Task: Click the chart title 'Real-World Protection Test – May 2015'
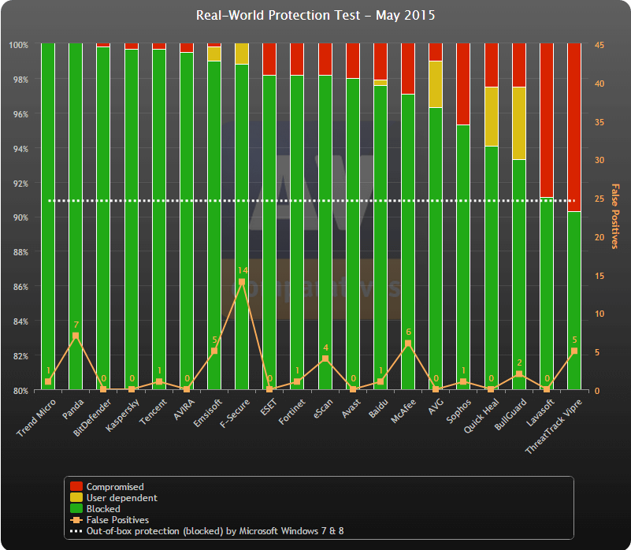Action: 315,16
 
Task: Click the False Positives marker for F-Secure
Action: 242,281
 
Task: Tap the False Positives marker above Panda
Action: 76,336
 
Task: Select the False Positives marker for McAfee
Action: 408,344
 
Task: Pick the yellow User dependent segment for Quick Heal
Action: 491,117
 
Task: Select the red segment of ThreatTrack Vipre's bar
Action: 574,127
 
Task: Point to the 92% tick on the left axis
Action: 19,184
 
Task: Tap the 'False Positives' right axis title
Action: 616,216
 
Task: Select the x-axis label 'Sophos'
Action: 459,411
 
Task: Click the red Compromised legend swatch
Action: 76,487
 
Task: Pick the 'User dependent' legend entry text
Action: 121,498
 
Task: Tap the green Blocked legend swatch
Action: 76,509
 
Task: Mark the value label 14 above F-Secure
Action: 242,270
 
